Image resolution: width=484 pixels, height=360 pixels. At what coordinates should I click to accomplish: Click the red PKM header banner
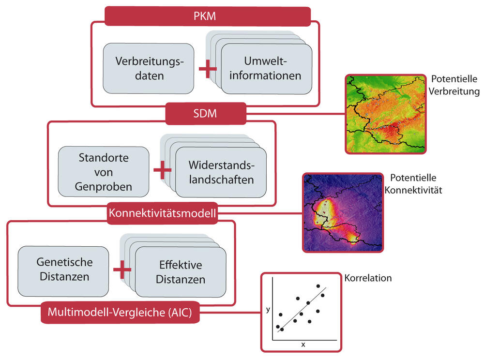pyautogui.click(x=208, y=16)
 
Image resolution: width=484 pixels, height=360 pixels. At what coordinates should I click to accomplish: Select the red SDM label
pyautogui.click(x=206, y=114)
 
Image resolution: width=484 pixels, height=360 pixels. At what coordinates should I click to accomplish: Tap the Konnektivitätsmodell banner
pyautogui.click(x=163, y=213)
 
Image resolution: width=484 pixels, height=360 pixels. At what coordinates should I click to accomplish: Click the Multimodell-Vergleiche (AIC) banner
pyautogui.click(x=120, y=313)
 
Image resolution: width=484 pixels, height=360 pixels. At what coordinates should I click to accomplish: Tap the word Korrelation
pyautogui.click(x=368, y=278)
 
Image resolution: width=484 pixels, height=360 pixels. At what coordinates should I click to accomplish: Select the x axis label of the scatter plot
pyautogui.click(x=303, y=345)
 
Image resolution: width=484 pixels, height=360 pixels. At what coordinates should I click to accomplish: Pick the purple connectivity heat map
pyautogui.click(x=343, y=213)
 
